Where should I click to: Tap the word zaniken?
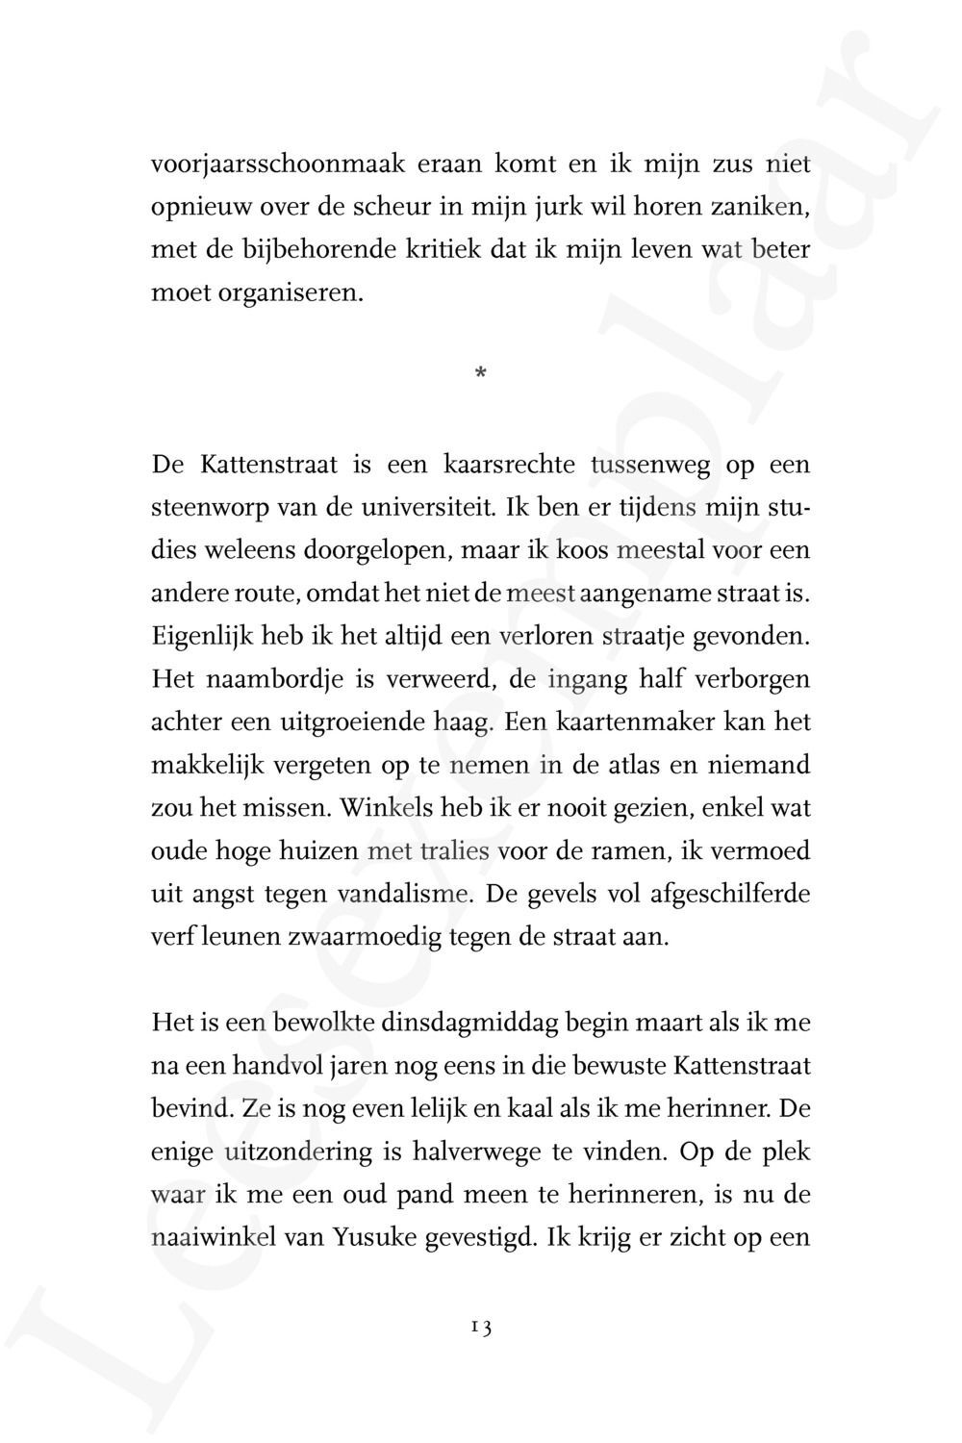pos(758,208)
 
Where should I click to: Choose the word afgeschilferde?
pos(730,895)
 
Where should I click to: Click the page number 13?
pos(481,1329)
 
